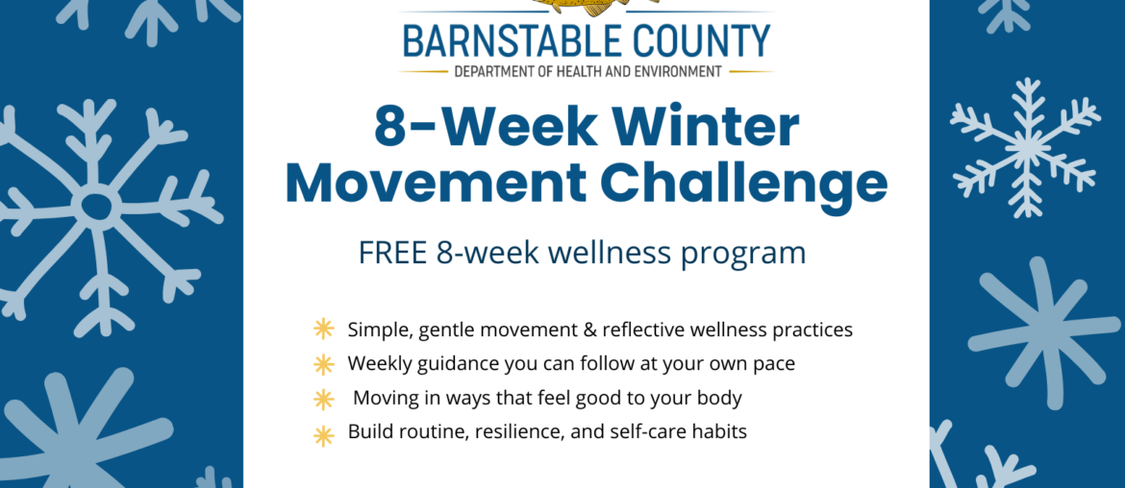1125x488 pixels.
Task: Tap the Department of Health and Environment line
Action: pos(587,72)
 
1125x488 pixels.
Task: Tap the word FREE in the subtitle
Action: pos(394,253)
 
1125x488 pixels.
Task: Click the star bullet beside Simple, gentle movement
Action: pos(324,329)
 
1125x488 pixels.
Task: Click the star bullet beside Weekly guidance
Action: pos(324,364)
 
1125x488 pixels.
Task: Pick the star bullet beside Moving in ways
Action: pos(324,399)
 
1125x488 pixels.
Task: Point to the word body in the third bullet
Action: pos(720,398)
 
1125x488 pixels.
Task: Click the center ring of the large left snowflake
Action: pos(96,205)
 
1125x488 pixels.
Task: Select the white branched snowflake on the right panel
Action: pos(1025,147)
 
